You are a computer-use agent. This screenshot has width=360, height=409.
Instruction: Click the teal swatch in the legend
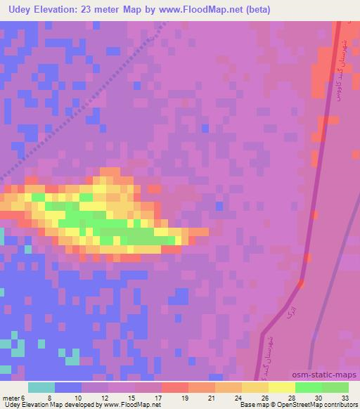(x=41, y=387)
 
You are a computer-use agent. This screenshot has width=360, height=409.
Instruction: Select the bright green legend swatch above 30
(x=308, y=387)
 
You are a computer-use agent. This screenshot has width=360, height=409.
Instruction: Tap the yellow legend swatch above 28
(x=281, y=387)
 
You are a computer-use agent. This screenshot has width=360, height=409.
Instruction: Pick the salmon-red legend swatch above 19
(x=174, y=387)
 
